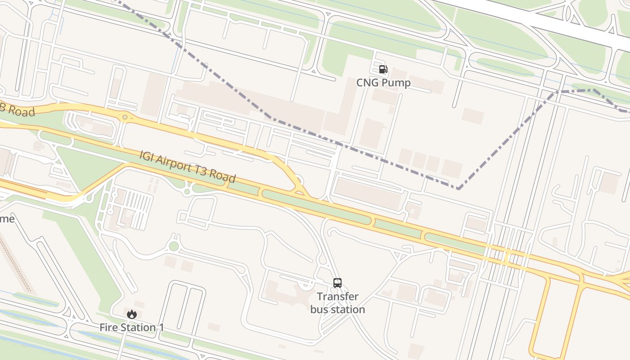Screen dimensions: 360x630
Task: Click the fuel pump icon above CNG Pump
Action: point(383,69)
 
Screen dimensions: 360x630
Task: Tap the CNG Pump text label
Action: point(383,83)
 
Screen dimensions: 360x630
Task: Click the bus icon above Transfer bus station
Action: point(337,283)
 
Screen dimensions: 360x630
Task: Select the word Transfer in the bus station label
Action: point(337,297)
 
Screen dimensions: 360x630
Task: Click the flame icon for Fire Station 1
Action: point(131,314)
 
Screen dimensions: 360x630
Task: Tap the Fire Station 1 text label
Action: point(131,328)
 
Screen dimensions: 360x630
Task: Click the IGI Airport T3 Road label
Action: point(187,167)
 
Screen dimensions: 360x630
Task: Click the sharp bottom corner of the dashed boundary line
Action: point(458,189)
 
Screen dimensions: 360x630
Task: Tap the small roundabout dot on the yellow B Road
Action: point(125,117)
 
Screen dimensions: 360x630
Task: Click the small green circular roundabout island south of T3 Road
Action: point(174,246)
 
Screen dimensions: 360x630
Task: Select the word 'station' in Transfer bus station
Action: point(350,310)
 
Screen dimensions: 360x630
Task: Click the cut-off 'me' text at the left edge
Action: point(7,219)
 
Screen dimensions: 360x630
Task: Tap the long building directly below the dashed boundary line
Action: point(368,194)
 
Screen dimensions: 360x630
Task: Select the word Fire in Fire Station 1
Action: point(108,328)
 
